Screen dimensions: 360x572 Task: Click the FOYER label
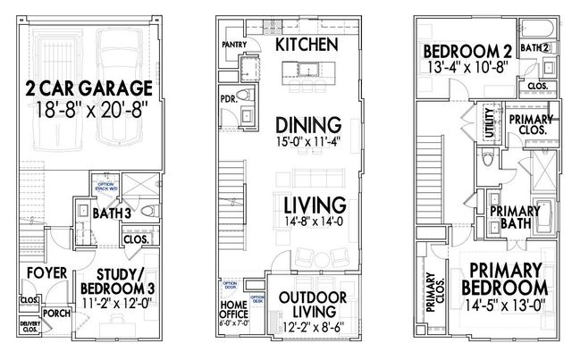(x=41, y=272)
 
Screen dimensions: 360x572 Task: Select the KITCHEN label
(x=307, y=44)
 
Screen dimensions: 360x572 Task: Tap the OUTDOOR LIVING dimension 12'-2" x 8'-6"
(x=307, y=329)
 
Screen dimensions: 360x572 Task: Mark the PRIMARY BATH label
(x=516, y=217)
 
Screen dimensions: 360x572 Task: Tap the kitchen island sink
(x=320, y=69)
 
